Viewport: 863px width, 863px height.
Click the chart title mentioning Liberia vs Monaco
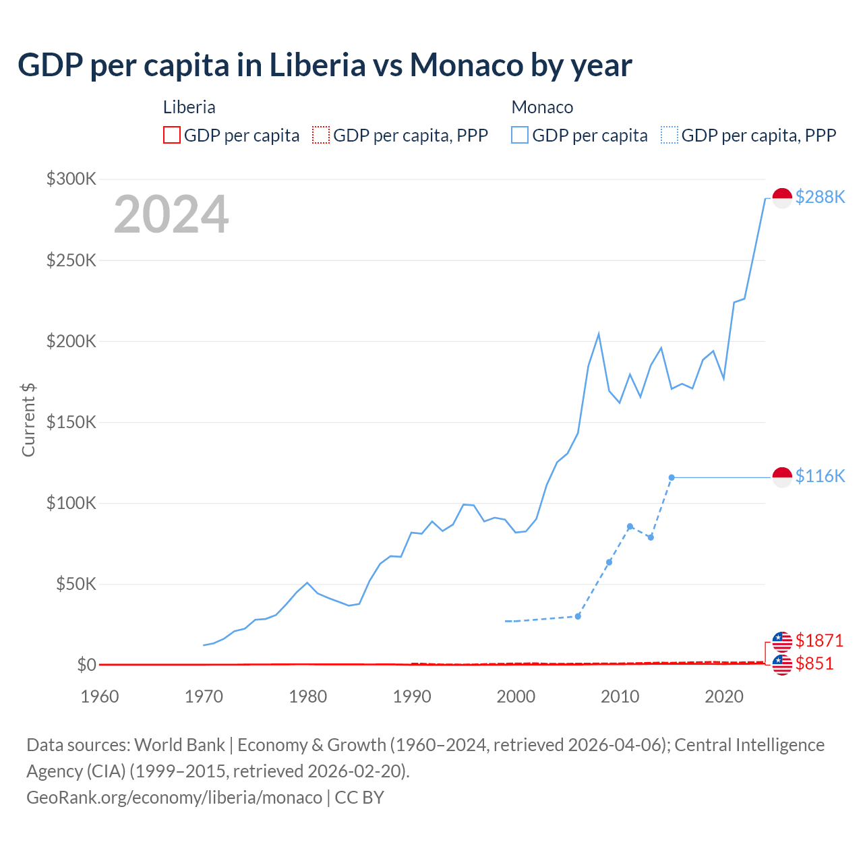pyautogui.click(x=324, y=65)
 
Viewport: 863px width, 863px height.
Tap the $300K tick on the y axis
pyautogui.click(x=71, y=179)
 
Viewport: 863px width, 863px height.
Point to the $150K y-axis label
pyautogui.click(x=71, y=422)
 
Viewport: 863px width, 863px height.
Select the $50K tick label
pyautogui.click(x=76, y=584)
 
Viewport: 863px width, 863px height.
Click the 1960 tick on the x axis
pyautogui.click(x=100, y=696)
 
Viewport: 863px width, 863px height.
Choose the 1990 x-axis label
pyautogui.click(x=412, y=696)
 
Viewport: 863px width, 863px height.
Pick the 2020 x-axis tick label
pyautogui.click(x=723, y=696)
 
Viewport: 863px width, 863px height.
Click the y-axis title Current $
pyautogui.click(x=28, y=419)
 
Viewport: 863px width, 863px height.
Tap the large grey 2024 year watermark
pyautogui.click(x=171, y=214)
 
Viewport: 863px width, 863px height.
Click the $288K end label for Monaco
pyautogui.click(x=820, y=197)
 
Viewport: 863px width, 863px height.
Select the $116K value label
pyautogui.click(x=820, y=476)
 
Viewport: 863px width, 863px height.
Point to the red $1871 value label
pyautogui.click(x=819, y=640)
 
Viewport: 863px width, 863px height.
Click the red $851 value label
pyautogui.click(x=814, y=663)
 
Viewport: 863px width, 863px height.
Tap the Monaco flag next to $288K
pyautogui.click(x=782, y=198)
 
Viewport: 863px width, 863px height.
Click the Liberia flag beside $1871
pyautogui.click(x=782, y=641)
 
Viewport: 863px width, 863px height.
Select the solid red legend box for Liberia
pyautogui.click(x=172, y=136)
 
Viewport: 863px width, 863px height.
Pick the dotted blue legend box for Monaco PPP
pyautogui.click(x=669, y=136)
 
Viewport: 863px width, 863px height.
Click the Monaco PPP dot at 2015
pyautogui.click(x=672, y=477)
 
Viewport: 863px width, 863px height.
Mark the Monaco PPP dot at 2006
pyautogui.click(x=578, y=616)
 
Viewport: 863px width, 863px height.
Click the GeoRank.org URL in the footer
pyautogui.click(x=174, y=798)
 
